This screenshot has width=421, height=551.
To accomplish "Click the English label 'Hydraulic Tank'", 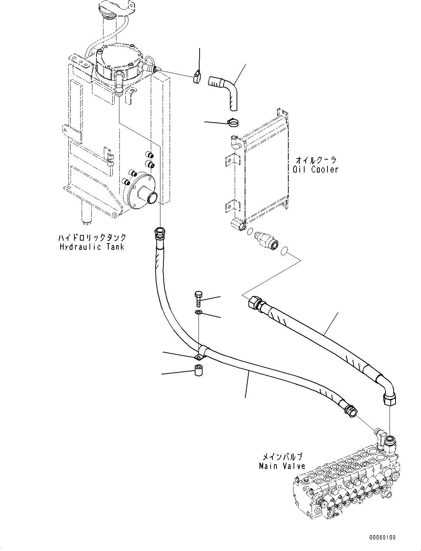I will coord(92,247).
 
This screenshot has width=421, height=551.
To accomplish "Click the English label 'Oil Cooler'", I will coord(315,170).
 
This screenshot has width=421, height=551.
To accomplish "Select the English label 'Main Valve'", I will coord(282,466).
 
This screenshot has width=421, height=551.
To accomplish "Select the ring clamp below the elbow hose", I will coord(233,122).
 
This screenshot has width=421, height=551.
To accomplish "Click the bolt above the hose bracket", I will coord(198,299).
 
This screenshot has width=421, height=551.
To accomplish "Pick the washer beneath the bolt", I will coord(198,313).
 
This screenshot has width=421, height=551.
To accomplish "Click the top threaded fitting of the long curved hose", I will coord(159,234).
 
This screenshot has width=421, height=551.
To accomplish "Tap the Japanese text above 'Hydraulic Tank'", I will coord(92,238).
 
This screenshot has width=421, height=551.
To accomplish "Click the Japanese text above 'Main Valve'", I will coord(282,457).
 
